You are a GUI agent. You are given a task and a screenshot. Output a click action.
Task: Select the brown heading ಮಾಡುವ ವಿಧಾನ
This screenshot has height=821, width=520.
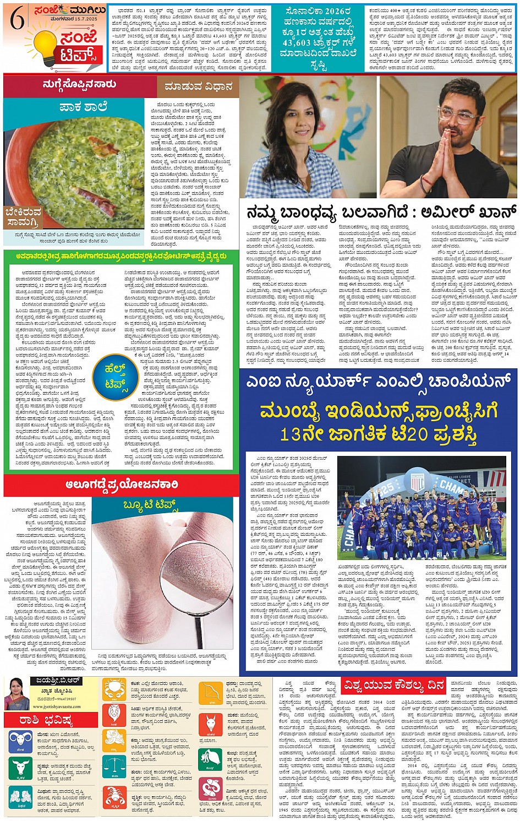coord(198,87)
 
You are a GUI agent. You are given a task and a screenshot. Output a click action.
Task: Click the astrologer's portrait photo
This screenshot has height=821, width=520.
coord(17,693)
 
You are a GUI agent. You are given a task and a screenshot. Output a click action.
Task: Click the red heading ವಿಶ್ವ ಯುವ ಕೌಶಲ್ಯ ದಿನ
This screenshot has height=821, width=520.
coord(393,685)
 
